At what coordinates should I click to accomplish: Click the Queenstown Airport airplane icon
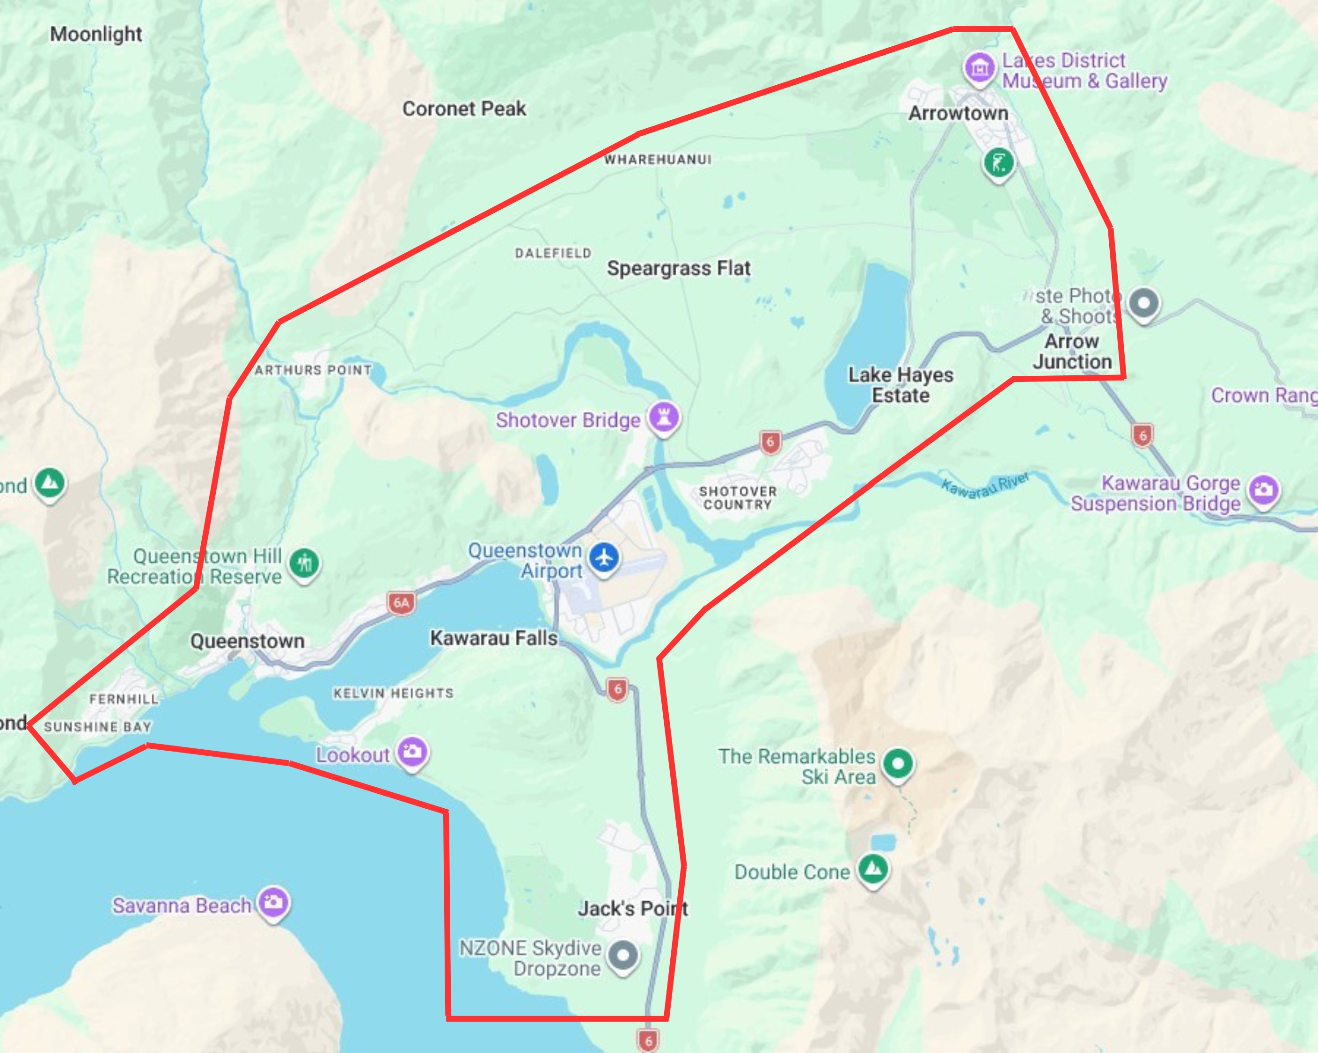tap(604, 557)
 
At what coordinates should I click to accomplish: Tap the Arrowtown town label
tap(958, 114)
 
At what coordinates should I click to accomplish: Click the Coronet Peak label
tap(464, 109)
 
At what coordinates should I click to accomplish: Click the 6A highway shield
tap(401, 603)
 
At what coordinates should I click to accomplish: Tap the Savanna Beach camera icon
tap(273, 902)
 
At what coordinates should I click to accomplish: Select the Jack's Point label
tap(633, 909)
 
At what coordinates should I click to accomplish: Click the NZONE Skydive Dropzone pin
tap(623, 955)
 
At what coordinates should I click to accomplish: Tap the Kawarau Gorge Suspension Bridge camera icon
tap(1263, 490)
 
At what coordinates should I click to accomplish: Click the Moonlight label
tap(96, 34)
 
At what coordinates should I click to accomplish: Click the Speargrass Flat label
tap(679, 268)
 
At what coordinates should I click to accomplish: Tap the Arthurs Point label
tap(313, 370)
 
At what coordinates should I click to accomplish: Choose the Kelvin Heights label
tap(393, 693)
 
